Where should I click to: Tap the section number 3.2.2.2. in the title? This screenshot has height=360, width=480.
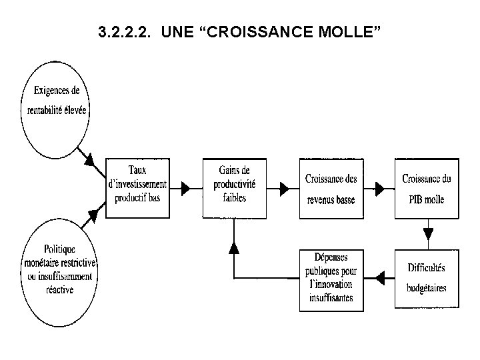(123, 31)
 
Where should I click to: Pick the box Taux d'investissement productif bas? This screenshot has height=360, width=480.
(137, 183)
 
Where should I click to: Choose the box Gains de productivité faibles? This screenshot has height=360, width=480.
(233, 183)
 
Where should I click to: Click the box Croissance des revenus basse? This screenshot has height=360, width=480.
(331, 187)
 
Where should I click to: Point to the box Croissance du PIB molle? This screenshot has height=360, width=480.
(427, 187)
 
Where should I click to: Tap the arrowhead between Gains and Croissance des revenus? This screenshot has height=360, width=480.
(284, 189)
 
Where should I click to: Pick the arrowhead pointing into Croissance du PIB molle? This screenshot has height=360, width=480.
(380, 189)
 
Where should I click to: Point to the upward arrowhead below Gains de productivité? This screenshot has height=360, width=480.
(233, 247)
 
